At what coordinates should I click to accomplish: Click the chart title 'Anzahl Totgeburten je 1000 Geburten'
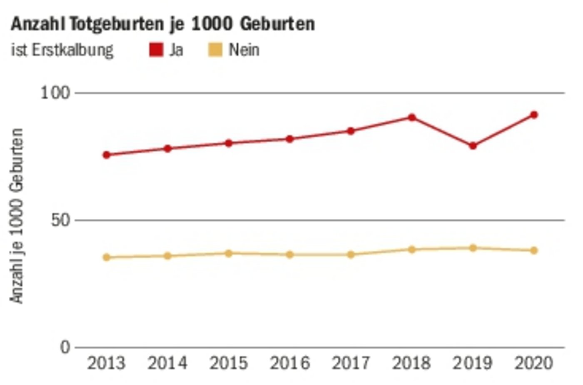click(x=163, y=24)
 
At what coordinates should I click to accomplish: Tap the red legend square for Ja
click(x=156, y=50)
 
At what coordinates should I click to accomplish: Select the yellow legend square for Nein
click(x=215, y=50)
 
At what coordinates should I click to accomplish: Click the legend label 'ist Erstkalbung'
click(x=62, y=50)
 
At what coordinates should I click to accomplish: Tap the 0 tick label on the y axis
click(x=65, y=347)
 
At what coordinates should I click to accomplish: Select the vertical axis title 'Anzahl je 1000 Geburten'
click(x=17, y=216)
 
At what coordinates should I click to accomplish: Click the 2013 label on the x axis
click(x=106, y=363)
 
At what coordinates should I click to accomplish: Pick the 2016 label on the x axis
click(x=290, y=363)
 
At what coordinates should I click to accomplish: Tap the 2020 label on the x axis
click(x=534, y=363)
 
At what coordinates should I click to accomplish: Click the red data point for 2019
click(x=473, y=146)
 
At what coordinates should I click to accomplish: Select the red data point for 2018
click(x=412, y=117)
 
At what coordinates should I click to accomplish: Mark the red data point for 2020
click(x=534, y=115)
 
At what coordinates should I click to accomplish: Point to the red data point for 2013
click(x=107, y=155)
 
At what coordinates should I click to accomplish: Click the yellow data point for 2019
click(x=473, y=248)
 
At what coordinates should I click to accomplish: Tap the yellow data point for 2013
click(x=107, y=257)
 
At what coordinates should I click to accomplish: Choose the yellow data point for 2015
click(x=229, y=253)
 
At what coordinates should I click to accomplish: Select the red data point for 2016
click(x=290, y=139)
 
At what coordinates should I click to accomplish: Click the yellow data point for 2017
click(x=351, y=255)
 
